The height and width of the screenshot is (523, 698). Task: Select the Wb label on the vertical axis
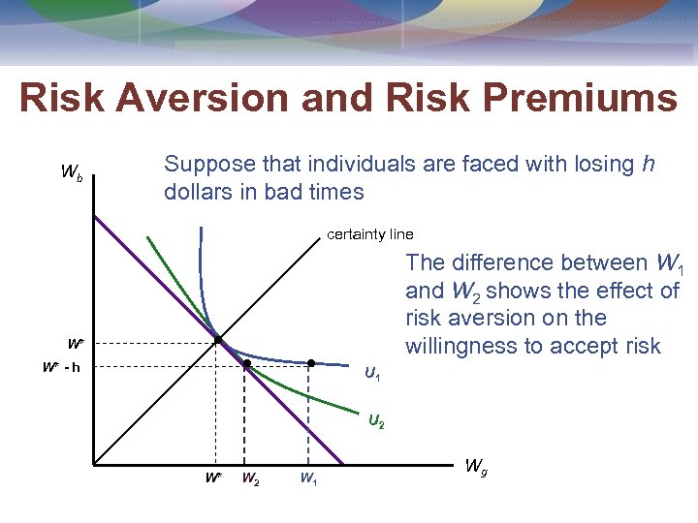pos(72,173)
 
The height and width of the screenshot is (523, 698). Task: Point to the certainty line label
pos(369,234)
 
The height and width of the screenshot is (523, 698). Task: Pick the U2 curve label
pos(376,422)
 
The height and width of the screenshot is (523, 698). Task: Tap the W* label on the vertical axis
pos(75,343)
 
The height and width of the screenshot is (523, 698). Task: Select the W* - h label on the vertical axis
pos(61,367)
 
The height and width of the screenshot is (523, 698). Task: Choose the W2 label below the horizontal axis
pos(249,477)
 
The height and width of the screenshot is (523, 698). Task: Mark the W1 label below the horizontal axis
pos(307,477)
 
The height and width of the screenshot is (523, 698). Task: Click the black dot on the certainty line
pos(218,340)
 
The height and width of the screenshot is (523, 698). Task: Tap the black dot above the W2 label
pos(247,364)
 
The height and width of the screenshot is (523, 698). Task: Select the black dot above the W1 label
pos(310,364)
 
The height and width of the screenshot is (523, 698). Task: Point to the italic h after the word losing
pos(648,165)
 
